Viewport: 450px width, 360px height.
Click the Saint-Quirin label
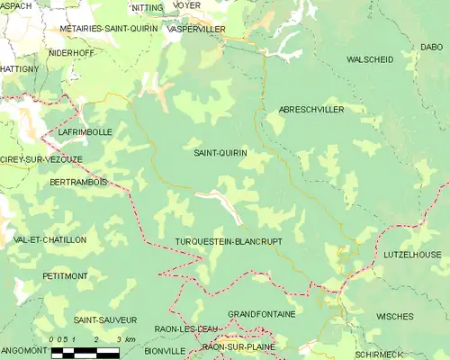(220, 153)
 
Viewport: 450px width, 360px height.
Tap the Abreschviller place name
(311, 109)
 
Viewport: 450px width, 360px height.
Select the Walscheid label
(370, 59)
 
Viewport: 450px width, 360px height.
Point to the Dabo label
(430, 47)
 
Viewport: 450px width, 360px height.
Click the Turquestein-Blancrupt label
(229, 242)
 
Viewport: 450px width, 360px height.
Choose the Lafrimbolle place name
(85, 131)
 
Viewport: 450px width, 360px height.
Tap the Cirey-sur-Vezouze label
(40, 159)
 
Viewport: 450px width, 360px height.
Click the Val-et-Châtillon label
(50, 240)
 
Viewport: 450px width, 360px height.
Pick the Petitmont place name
(66, 275)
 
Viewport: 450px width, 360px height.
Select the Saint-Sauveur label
(105, 320)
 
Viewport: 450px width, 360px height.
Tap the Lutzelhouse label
(412, 255)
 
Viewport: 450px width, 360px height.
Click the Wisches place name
(395, 317)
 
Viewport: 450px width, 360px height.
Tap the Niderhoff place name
(71, 52)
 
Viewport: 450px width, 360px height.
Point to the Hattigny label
(19, 68)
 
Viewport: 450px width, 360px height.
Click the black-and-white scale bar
(85, 354)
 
